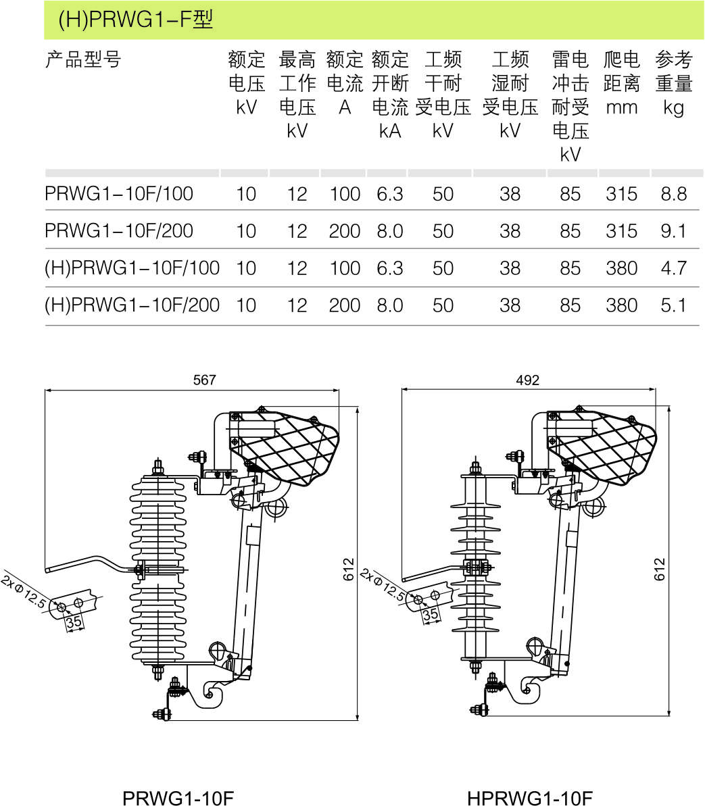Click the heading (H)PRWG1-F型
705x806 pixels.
pyautogui.click(x=135, y=20)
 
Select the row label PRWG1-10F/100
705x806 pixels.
pyautogui.click(x=119, y=194)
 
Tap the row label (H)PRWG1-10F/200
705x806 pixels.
pyautogui.click(x=132, y=305)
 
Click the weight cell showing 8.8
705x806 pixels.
pyautogui.click(x=673, y=195)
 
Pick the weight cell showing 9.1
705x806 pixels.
pyautogui.click(x=673, y=232)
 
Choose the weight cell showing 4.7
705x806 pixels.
pyautogui.click(x=673, y=269)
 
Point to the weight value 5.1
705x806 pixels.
pyautogui.click(x=673, y=305)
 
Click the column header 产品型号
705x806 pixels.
pyautogui.click(x=82, y=60)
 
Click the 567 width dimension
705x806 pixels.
pyautogui.click(x=204, y=380)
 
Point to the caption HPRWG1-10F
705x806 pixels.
pyautogui.click(x=529, y=798)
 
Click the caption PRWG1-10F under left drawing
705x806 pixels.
pyautogui.click(x=178, y=798)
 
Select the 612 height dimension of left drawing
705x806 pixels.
pyautogui.click(x=349, y=570)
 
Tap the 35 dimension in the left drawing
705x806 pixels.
pyautogui.click(x=74, y=622)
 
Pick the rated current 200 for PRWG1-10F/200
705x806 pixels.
pyautogui.click(x=345, y=232)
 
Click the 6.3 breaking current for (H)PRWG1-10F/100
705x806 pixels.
pyautogui.click(x=390, y=269)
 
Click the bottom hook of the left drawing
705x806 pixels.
pyautogui.click(x=211, y=695)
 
